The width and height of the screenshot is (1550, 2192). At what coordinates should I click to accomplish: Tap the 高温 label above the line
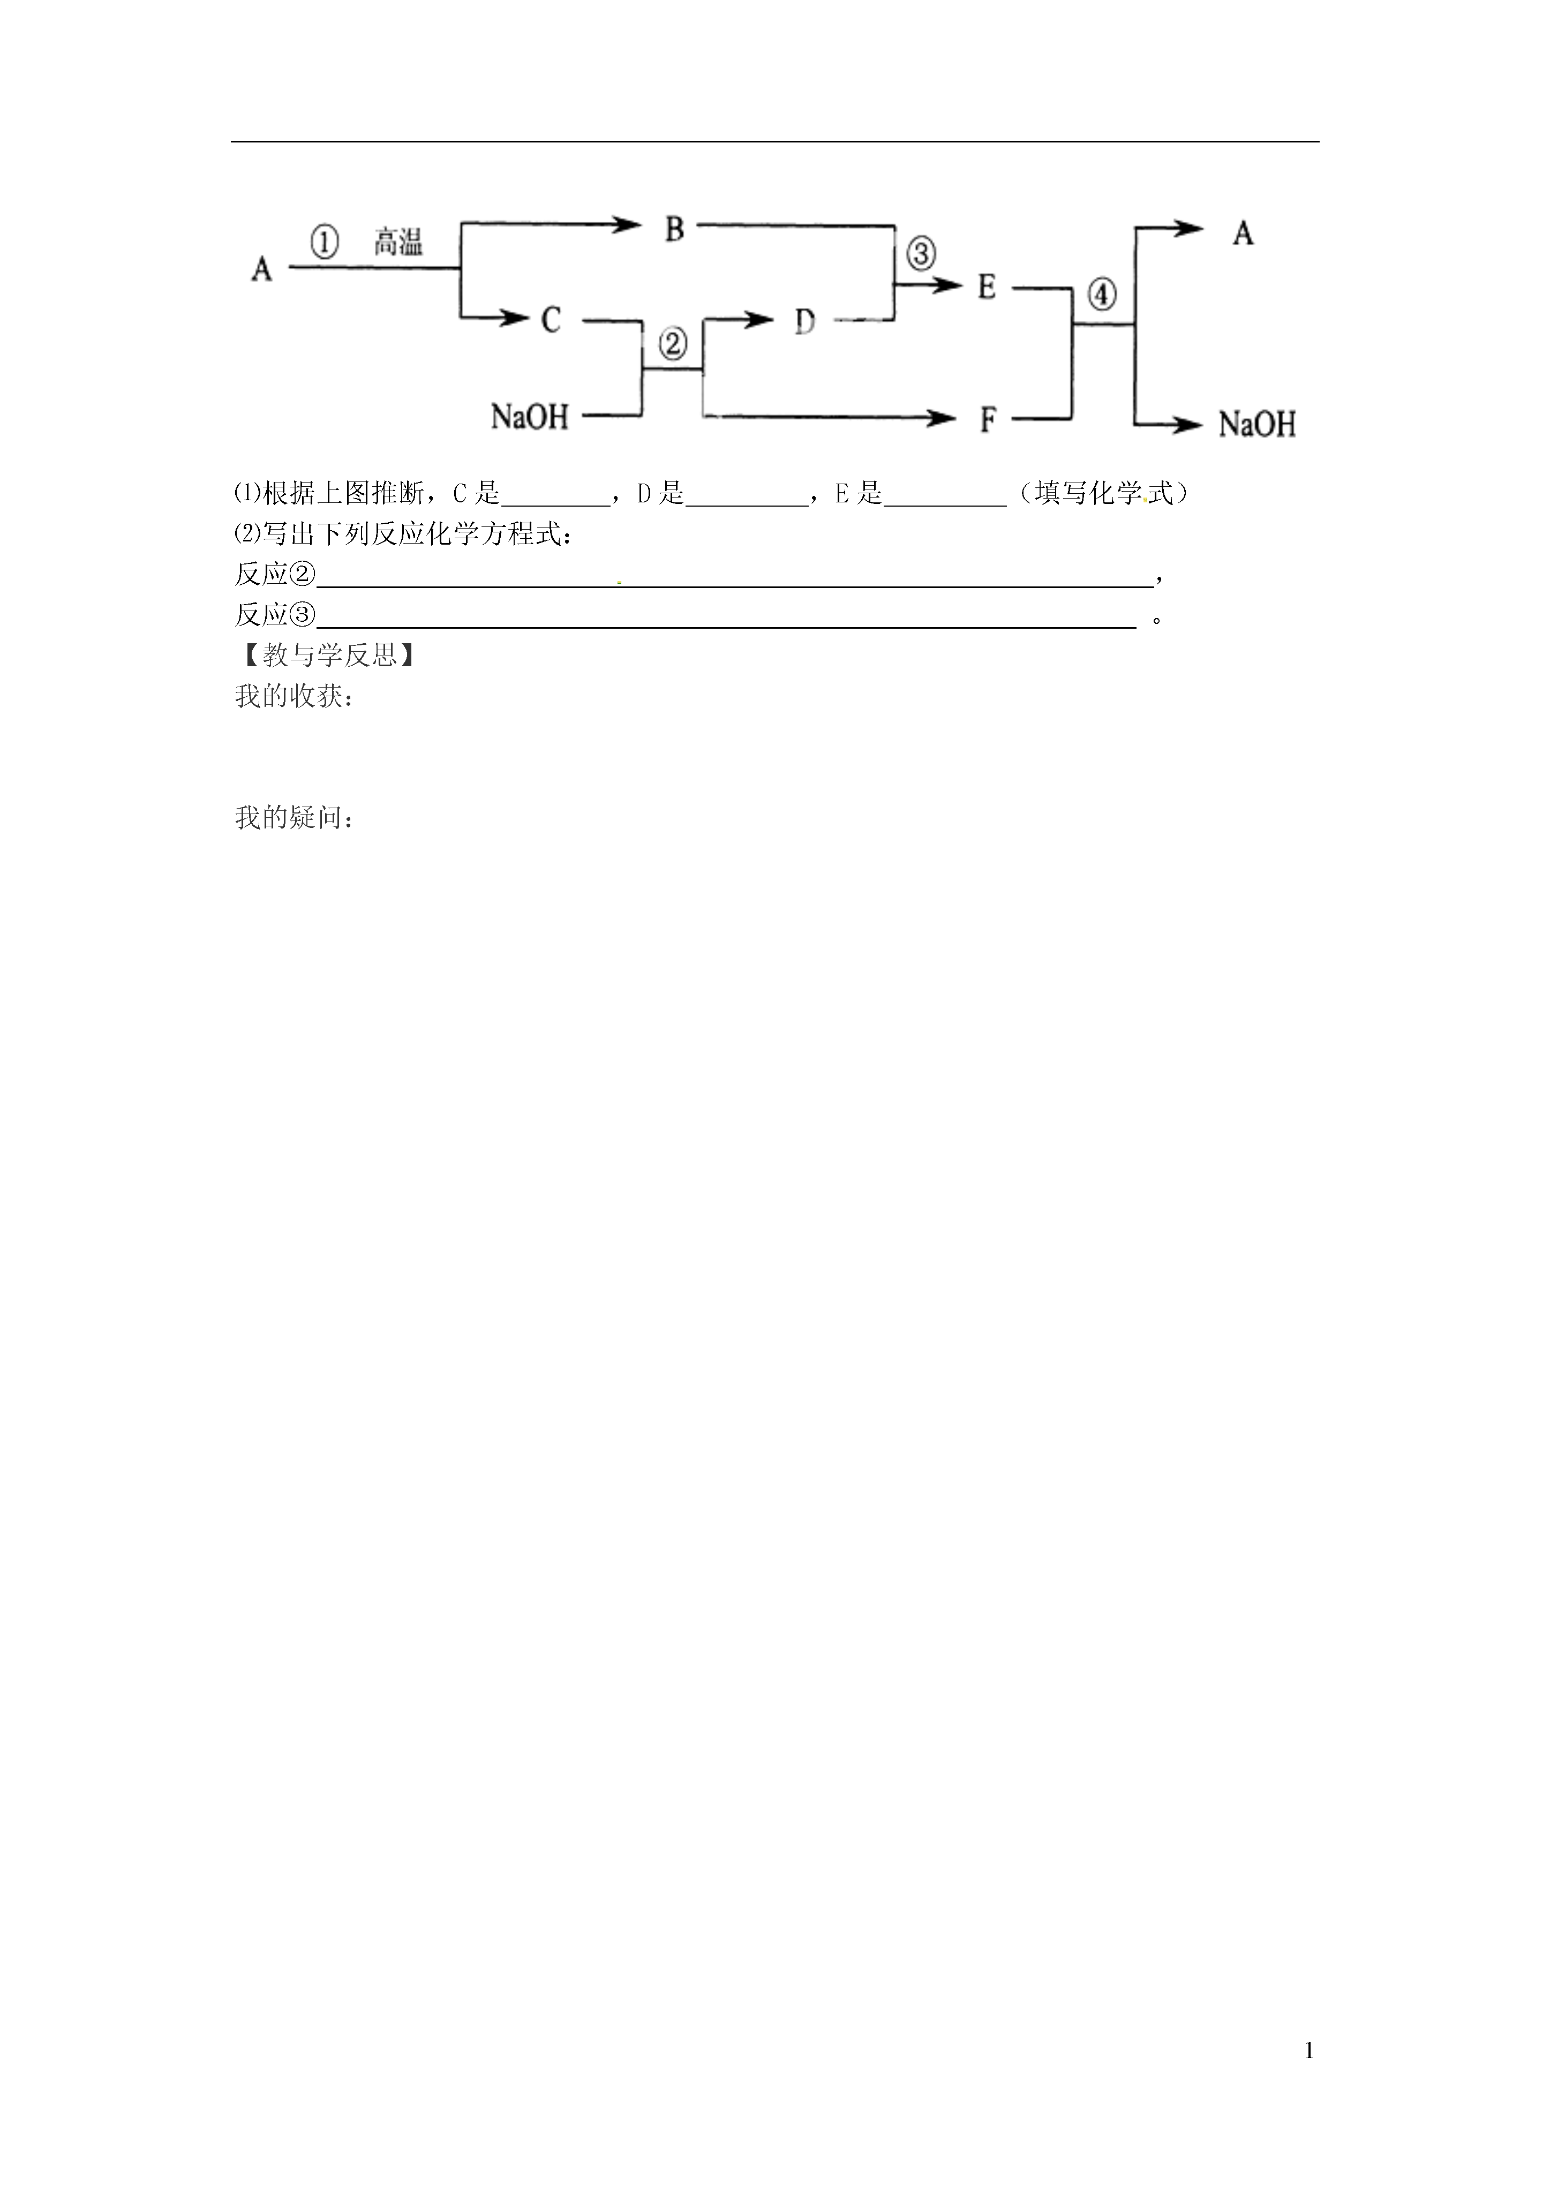pos(398,243)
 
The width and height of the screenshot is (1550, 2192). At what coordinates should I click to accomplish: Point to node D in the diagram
pos(805,322)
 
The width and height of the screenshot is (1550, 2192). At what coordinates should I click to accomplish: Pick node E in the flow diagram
pos(987,287)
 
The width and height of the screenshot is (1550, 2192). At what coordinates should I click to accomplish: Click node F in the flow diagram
pos(988,420)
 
